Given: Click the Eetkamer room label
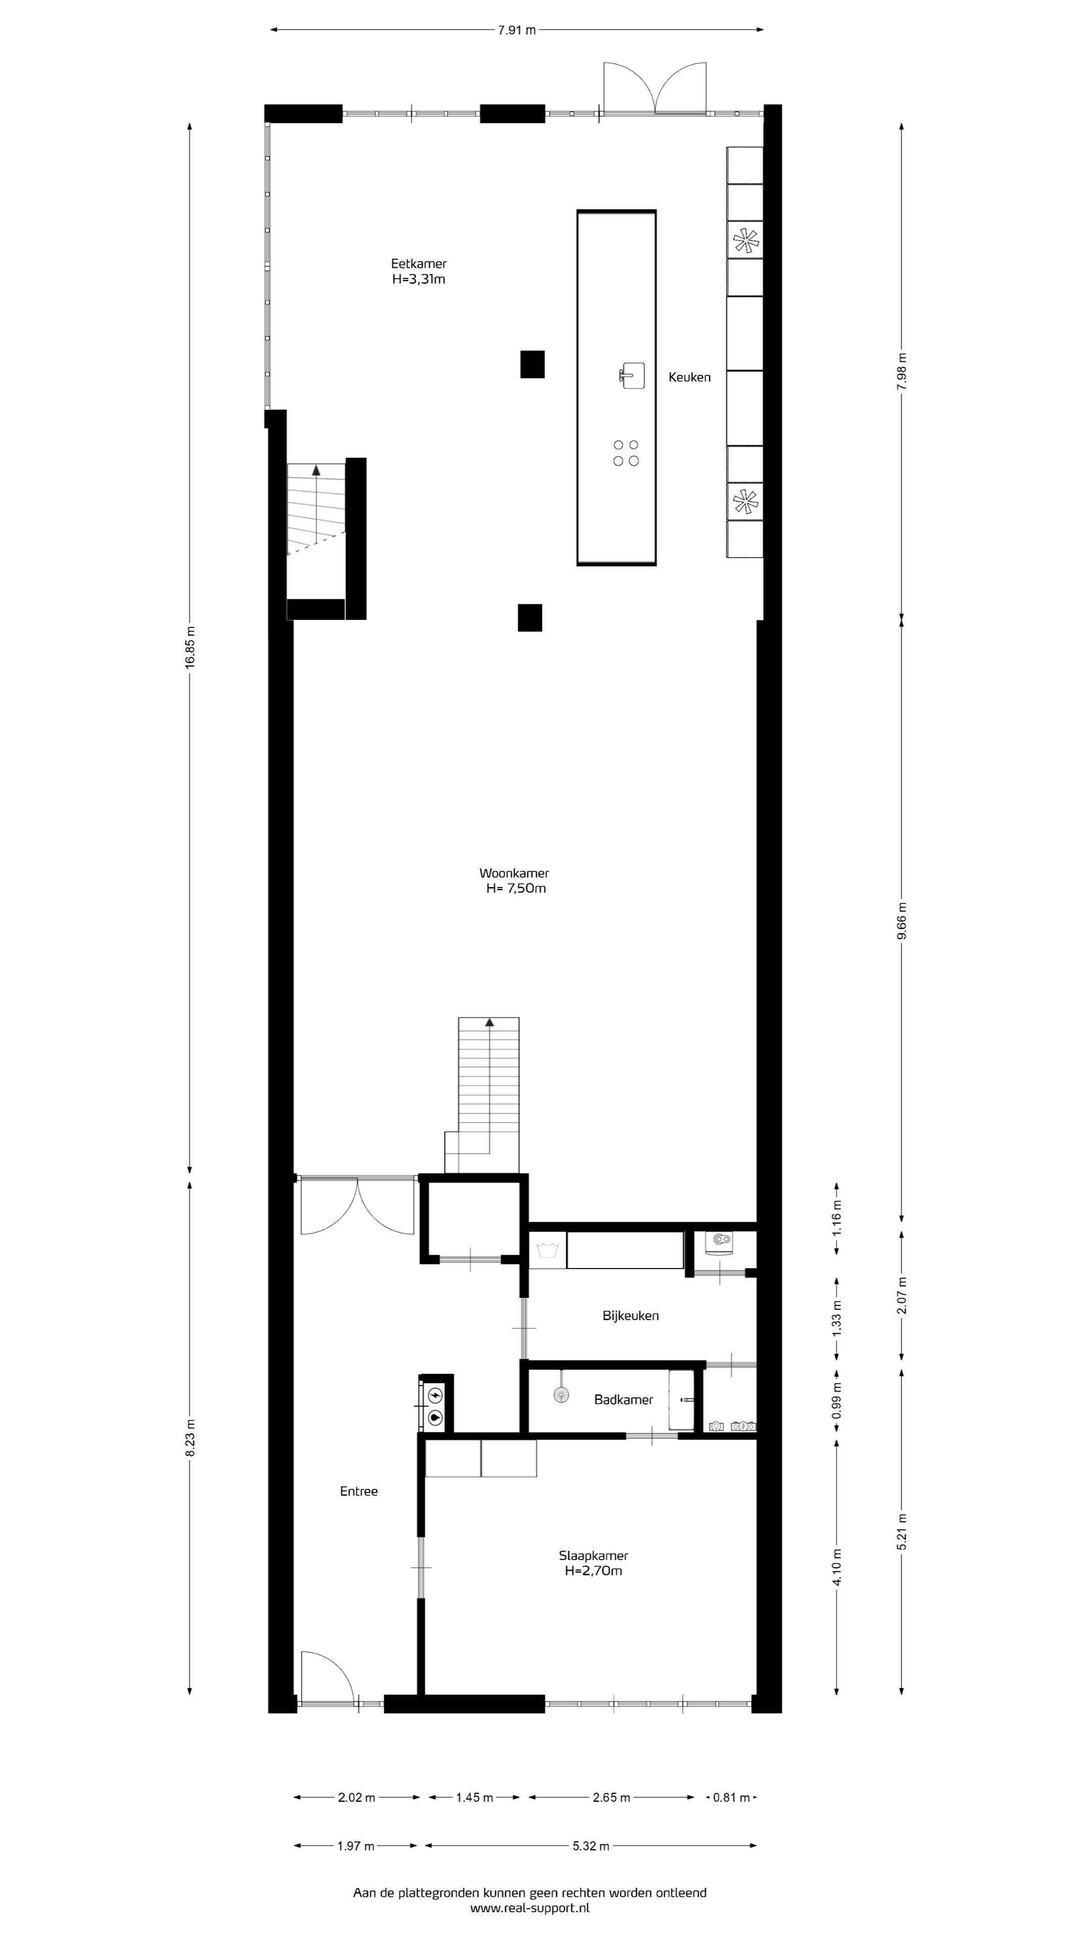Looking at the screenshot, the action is click(x=419, y=264).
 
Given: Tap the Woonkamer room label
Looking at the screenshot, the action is click(x=514, y=873).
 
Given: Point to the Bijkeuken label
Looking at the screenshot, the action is click(x=631, y=1316).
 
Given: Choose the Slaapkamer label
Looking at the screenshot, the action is click(x=593, y=1555).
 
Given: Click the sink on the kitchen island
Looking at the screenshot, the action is click(x=632, y=375).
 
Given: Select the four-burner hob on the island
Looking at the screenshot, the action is click(x=626, y=453).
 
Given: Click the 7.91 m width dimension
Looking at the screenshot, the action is click(x=517, y=30).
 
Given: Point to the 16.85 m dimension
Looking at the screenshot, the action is click(x=190, y=647).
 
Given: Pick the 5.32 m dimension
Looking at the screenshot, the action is click(x=591, y=1846).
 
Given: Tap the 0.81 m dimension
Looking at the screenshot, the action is click(x=731, y=1798).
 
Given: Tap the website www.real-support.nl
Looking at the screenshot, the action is click(x=530, y=1908).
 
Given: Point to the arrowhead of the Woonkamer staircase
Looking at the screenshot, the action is click(x=489, y=1022).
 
